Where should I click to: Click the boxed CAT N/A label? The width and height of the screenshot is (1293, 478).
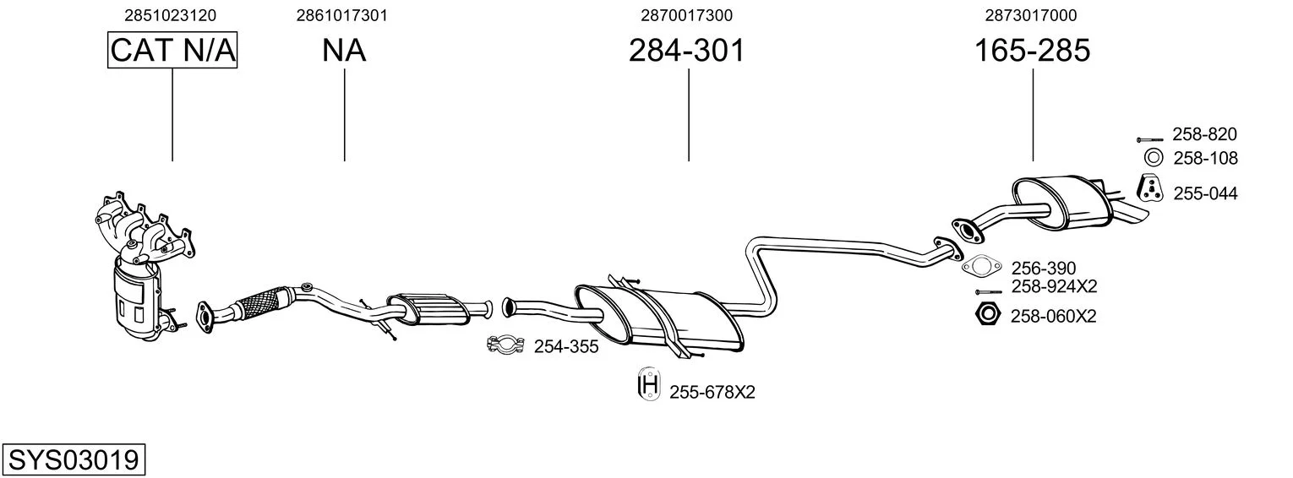pyautogui.click(x=172, y=50)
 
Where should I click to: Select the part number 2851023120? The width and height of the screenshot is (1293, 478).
pyautogui.click(x=170, y=15)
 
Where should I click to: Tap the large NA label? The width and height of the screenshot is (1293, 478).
pyautogui.click(x=344, y=50)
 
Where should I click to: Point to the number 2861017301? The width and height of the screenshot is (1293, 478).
pyautogui.click(x=341, y=15)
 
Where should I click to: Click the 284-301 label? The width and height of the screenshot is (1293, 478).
pyautogui.click(x=687, y=50)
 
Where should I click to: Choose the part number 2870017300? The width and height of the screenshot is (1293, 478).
pyautogui.click(x=687, y=15)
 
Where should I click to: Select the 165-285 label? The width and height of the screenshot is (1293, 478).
pyautogui.click(x=1032, y=50)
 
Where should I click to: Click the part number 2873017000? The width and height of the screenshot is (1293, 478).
pyautogui.click(x=1031, y=15)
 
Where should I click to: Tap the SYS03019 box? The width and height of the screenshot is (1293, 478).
pyautogui.click(x=74, y=460)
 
